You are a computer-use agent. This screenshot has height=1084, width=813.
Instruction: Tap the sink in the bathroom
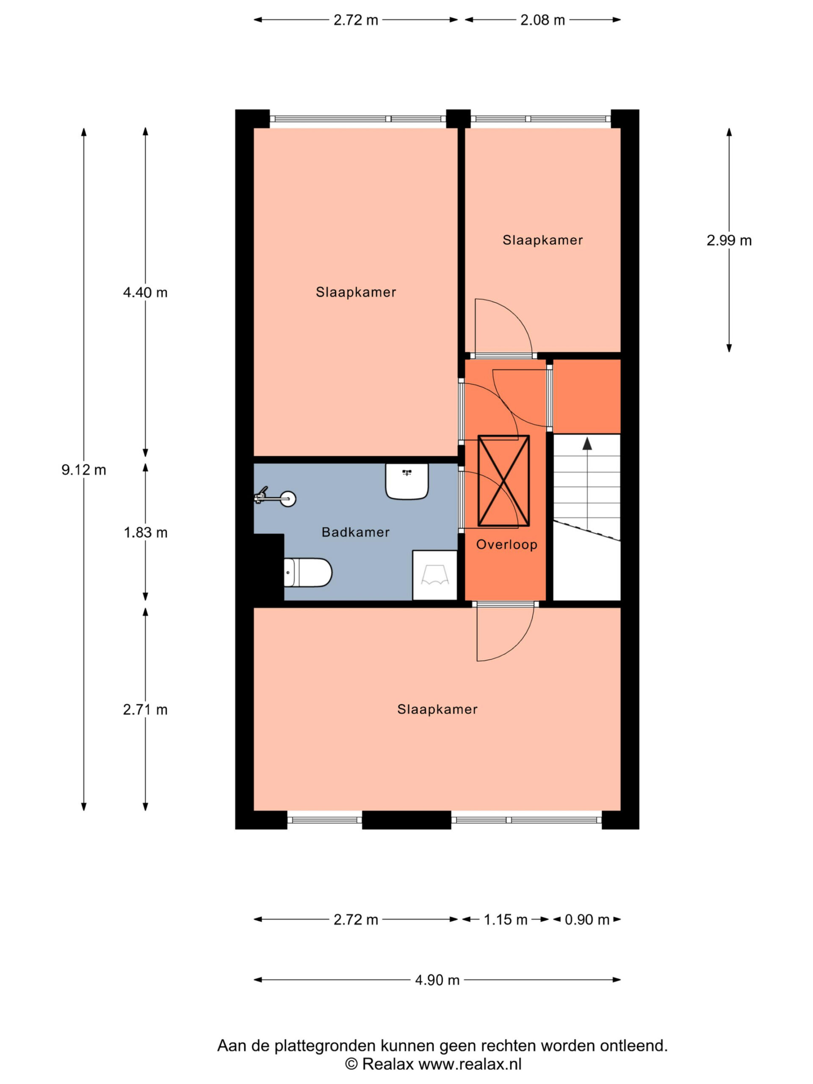pos(407,481)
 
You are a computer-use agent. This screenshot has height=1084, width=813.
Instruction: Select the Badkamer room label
pos(355,532)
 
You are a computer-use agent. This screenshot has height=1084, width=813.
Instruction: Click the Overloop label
pos(507,545)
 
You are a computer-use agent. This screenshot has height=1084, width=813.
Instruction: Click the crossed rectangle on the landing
pos(504,481)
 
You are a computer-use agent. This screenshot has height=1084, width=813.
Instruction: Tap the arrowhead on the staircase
pos(587,443)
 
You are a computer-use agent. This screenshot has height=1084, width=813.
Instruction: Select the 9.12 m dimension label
pos(84,470)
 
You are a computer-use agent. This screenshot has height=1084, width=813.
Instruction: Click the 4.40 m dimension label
pos(145,293)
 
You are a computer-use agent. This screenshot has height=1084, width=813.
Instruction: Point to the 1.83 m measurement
pos(146,533)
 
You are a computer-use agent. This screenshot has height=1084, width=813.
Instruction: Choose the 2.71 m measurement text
pos(145,710)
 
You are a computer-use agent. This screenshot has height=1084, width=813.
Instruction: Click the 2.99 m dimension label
pos(729,241)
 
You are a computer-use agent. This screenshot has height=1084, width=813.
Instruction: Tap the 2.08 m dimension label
pos(542,20)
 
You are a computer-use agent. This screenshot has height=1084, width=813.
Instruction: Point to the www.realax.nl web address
pos(470,1063)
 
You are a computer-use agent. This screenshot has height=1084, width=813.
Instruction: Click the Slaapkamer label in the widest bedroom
pos(437,709)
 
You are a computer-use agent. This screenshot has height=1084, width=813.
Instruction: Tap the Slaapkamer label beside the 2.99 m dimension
pos(542,240)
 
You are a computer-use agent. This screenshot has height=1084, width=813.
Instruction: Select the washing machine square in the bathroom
pos(435,575)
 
